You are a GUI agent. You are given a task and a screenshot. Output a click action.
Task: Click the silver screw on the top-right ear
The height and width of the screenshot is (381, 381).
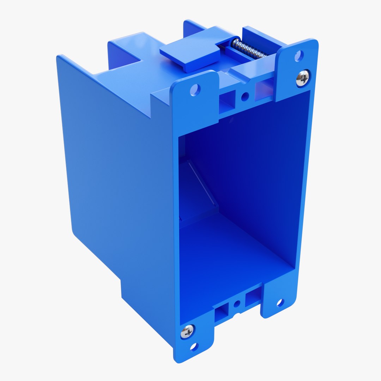click(x=303, y=78)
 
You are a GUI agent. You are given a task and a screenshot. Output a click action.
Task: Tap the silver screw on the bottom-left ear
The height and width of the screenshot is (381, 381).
click(x=187, y=331)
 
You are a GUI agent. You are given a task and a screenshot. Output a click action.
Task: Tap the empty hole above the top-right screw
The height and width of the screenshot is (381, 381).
click(x=298, y=55)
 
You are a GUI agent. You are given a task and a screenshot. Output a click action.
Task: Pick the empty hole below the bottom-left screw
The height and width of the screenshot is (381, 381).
click(x=194, y=347)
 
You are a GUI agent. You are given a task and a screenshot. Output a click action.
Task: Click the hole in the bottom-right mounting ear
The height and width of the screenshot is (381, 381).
click(x=280, y=303)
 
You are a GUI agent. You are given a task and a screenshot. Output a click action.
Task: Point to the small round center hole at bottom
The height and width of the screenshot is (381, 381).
click(x=237, y=303)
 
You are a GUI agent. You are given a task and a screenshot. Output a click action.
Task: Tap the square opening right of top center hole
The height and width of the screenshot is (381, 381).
click(x=263, y=89)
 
